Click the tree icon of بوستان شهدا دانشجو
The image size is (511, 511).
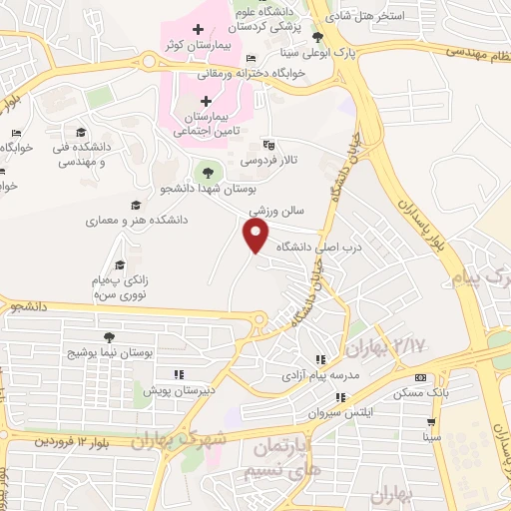point(208,172)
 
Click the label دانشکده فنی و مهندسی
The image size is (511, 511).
point(83,153)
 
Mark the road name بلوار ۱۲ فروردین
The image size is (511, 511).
point(61,439)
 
